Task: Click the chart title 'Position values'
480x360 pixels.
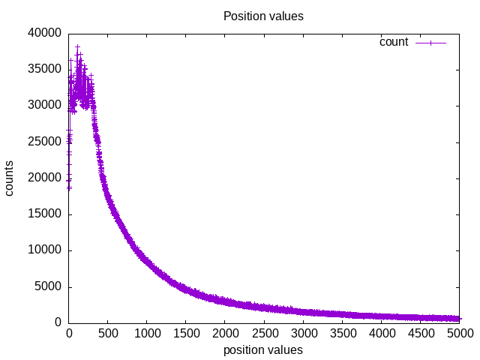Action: click(263, 16)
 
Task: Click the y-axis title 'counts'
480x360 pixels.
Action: click(10, 178)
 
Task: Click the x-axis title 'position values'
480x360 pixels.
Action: click(263, 349)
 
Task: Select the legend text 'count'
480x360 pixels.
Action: click(394, 42)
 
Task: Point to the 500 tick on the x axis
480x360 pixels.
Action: click(108, 334)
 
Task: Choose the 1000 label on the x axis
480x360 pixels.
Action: click(147, 334)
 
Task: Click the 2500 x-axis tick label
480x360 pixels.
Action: click(264, 334)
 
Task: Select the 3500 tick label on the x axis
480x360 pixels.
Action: click(342, 334)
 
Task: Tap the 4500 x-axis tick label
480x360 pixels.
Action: click(420, 334)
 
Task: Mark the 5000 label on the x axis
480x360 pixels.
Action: click(459, 334)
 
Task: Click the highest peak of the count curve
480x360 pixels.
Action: click(77, 46)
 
